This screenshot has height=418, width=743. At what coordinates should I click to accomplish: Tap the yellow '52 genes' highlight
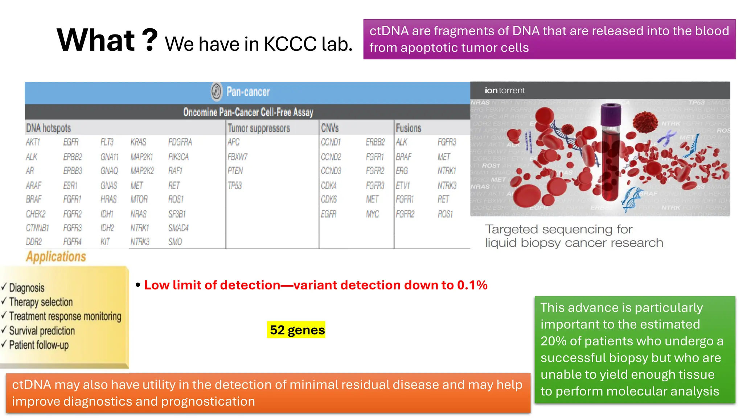pyautogui.click(x=296, y=330)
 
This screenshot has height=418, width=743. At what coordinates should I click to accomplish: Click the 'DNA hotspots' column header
pyautogui.click(x=48, y=128)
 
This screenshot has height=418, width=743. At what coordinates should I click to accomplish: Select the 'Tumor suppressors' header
pyautogui.click(x=259, y=128)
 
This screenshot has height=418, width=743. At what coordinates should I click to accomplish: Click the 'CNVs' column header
pyautogui.click(x=329, y=128)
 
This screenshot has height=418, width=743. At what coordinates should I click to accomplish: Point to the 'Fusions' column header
pyautogui.click(x=408, y=128)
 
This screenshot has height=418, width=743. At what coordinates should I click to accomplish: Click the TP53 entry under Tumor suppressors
pyautogui.click(x=235, y=185)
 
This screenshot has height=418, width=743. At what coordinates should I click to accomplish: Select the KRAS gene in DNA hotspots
pyautogui.click(x=138, y=142)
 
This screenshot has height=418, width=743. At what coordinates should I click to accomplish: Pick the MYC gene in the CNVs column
pyautogui.click(x=372, y=214)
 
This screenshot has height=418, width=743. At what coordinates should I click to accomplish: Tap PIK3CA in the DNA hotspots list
pyautogui.click(x=178, y=157)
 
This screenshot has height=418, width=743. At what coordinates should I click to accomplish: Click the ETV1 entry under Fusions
pyautogui.click(x=403, y=185)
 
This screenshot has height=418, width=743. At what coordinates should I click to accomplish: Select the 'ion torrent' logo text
pyautogui.click(x=505, y=90)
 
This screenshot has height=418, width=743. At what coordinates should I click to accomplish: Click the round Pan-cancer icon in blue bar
pyautogui.click(x=216, y=91)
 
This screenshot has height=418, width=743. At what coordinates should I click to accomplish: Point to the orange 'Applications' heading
pyautogui.click(x=56, y=257)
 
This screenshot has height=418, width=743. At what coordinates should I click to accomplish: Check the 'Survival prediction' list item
pyautogui.click(x=42, y=331)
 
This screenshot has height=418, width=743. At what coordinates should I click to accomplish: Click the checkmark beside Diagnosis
pyautogui.click(x=4, y=287)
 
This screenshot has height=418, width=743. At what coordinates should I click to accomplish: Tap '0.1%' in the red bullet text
pyautogui.click(x=472, y=285)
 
